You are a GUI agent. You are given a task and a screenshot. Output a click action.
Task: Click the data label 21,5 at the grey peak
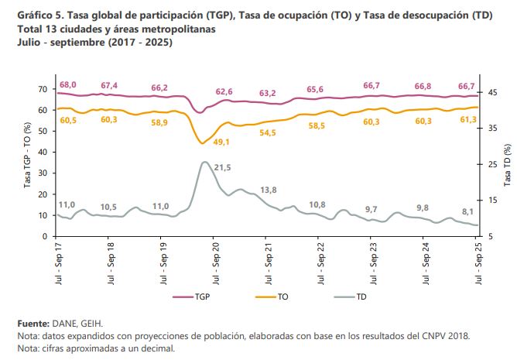(223, 167)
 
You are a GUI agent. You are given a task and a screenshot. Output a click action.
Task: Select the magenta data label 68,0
(67, 85)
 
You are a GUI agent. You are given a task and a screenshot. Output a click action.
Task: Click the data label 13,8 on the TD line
(269, 190)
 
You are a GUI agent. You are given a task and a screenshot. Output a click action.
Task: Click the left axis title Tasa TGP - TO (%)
(27, 163)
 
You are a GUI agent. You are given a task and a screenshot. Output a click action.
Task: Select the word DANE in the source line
(63, 322)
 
